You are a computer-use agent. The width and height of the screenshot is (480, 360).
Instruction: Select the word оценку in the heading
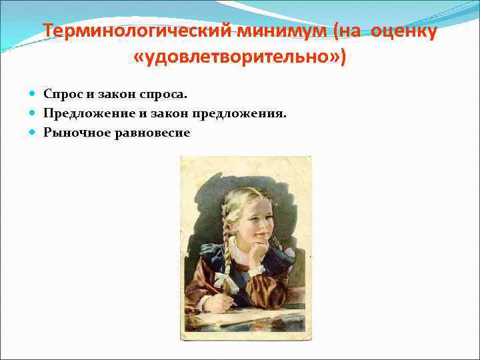click(x=402, y=32)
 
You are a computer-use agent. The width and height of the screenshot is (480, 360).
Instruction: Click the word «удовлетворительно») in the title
click(x=239, y=57)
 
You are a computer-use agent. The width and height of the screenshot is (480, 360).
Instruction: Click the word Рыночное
click(x=73, y=133)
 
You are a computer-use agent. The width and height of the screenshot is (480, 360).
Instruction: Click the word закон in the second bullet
click(x=171, y=113)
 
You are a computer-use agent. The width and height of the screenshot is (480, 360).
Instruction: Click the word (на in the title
click(x=347, y=32)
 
